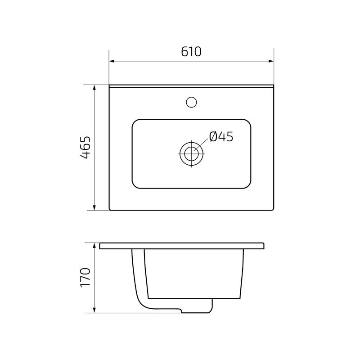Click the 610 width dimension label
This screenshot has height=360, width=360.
pos(191,52)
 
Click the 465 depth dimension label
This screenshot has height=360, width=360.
pos(85,147)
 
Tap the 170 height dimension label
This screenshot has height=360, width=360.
pos(85,278)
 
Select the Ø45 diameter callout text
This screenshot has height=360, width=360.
pos(221,136)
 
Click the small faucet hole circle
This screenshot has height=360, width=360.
pos(192,102)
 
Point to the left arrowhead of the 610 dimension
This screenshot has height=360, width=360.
pos(112,61)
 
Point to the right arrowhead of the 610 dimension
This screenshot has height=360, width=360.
pos(271,61)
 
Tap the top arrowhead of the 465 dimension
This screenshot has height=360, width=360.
pos(94,87)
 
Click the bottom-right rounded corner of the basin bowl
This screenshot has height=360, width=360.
pos(247,185)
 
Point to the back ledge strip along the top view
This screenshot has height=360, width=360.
pos(192,85)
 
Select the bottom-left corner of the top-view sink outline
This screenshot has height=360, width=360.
pos(111,209)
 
